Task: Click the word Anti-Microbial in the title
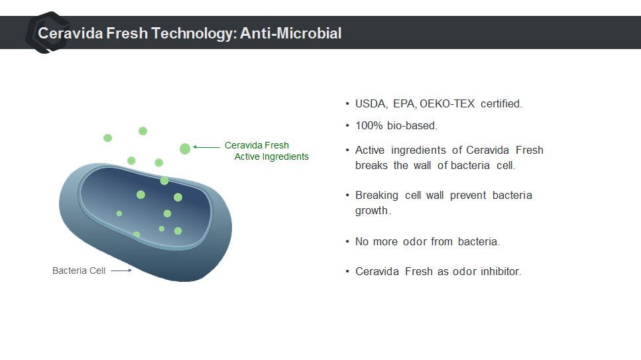pyautogui.click(x=290, y=33)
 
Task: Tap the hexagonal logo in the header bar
pyautogui.click(x=48, y=32)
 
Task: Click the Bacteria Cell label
pyautogui.click(x=79, y=270)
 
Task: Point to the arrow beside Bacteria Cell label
pyautogui.click(x=121, y=270)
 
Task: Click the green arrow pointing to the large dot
pyautogui.click(x=206, y=147)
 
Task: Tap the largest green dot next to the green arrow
pyautogui.click(x=185, y=149)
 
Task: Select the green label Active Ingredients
pyautogui.click(x=271, y=156)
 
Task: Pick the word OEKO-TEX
pyautogui.click(x=447, y=104)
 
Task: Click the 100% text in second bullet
pyautogui.click(x=369, y=125)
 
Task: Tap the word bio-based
pyautogui.click(x=412, y=125)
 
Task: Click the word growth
pyautogui.click(x=373, y=211)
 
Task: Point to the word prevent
pyautogui.click(x=468, y=195)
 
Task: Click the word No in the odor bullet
pyautogui.click(x=362, y=241)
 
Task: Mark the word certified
pyautogui.click(x=501, y=104)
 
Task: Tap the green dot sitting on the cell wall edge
pyautogui.click(x=164, y=180)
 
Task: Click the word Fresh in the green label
pyautogui.click(x=276, y=145)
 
